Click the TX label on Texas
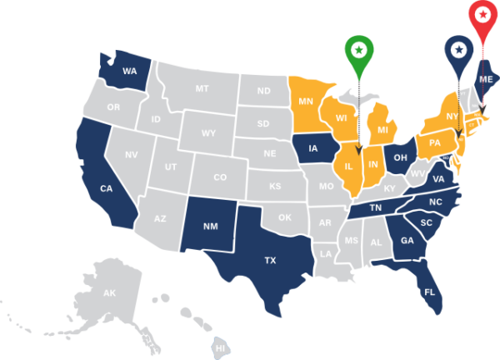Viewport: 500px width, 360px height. click(x=270, y=261)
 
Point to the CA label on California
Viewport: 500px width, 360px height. click(x=107, y=189)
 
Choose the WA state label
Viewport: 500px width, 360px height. click(x=129, y=72)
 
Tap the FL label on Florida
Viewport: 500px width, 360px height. click(x=430, y=292)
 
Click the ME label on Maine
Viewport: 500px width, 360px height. click(x=487, y=78)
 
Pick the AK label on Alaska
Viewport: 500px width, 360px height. click(x=109, y=293)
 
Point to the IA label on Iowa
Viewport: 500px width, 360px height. click(x=313, y=149)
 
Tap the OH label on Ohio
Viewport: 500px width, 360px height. click(x=400, y=157)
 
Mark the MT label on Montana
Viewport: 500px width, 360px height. click(x=202, y=88)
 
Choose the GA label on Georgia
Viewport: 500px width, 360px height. click(x=407, y=241)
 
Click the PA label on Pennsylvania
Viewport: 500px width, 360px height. click(x=434, y=142)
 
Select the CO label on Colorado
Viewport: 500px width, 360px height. click(x=220, y=177)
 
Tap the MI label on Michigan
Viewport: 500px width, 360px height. click(x=382, y=130)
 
